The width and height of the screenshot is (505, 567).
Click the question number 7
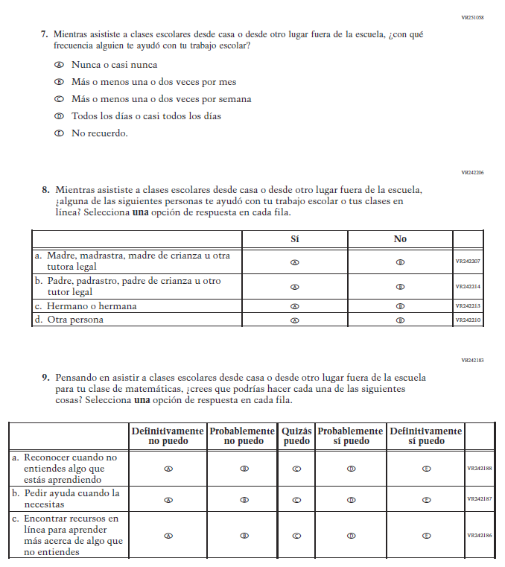(45, 34)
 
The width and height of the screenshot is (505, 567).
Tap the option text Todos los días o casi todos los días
(146, 116)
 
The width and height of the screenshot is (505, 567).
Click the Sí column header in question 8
(294, 239)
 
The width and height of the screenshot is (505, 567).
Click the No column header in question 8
(400, 239)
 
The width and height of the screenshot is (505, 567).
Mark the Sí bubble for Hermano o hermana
(294, 306)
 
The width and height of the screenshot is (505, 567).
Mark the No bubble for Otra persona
(400, 320)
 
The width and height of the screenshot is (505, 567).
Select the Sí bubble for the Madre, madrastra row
(294, 262)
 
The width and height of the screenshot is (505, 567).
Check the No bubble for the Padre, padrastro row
(400, 287)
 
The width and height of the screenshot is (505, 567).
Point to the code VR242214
(469, 287)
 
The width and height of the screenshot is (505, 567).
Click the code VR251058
(472, 16)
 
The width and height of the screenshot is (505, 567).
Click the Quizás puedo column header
(296, 436)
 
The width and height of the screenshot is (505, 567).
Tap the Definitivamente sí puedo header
(425, 436)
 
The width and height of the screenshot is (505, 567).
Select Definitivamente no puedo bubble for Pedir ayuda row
(168, 500)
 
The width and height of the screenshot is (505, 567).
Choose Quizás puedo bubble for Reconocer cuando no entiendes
(296, 469)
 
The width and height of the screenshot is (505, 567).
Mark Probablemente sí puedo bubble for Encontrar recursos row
(351, 535)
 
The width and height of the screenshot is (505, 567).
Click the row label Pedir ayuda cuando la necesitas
(70, 499)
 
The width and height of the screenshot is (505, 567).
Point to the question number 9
(45, 378)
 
